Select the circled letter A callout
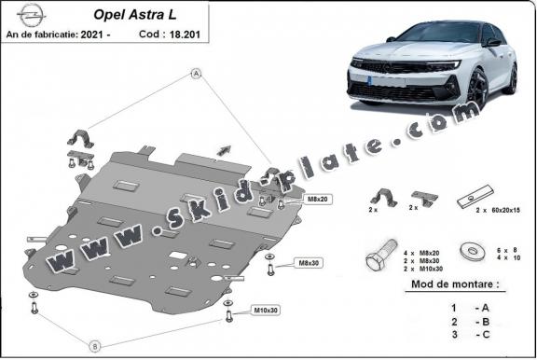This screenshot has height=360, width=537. (197, 73)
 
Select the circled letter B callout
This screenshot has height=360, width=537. (94, 345)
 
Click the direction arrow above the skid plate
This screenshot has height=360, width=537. (224, 148)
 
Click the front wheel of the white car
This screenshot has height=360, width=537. (477, 89)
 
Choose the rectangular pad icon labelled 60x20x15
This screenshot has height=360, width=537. (470, 199)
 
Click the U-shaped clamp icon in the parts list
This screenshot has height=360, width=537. (382, 199)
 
